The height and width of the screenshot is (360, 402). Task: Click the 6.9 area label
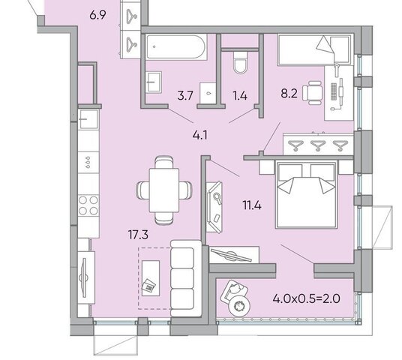[x=97, y=15]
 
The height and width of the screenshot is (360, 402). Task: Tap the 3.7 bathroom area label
[x=185, y=96]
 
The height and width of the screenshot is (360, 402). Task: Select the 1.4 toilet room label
[x=240, y=96]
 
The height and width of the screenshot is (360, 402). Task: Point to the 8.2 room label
[x=289, y=94]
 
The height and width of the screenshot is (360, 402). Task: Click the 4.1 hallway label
[x=200, y=135]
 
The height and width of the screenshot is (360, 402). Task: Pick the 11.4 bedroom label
[x=252, y=205]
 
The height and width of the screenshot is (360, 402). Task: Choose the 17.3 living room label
[x=138, y=235]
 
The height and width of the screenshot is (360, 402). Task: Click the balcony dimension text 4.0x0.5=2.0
[x=306, y=298]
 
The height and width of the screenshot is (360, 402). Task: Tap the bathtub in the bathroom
[x=175, y=47]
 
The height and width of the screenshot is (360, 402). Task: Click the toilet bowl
[x=240, y=62]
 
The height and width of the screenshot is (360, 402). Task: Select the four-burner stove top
[x=88, y=205]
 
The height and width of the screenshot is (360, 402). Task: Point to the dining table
[x=164, y=190]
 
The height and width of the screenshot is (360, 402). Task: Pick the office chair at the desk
[x=313, y=93]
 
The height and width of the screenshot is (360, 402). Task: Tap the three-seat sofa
[x=186, y=278]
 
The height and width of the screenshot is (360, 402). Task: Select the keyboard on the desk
[x=334, y=91]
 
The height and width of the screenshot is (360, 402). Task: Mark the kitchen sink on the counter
[x=88, y=119]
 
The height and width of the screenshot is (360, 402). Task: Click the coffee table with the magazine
[x=151, y=278]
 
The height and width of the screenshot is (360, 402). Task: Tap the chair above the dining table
[x=164, y=162]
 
